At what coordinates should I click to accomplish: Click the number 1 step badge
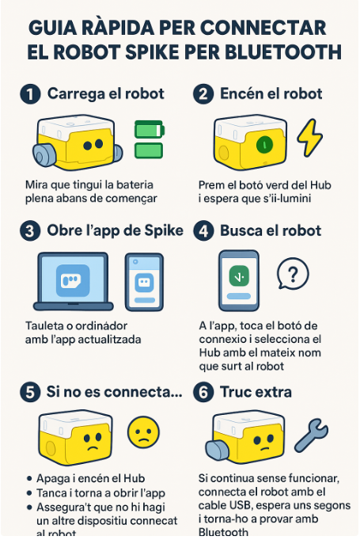(30, 94)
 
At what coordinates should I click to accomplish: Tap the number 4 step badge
(203, 230)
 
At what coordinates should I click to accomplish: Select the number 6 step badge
(203, 392)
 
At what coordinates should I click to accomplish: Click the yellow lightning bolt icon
(309, 138)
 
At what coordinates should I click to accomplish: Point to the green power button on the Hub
(265, 144)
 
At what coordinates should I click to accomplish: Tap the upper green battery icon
(149, 130)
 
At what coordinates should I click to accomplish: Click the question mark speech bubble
(293, 274)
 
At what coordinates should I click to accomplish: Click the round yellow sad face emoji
(143, 432)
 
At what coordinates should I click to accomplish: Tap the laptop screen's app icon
(73, 280)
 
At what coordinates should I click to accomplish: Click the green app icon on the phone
(239, 276)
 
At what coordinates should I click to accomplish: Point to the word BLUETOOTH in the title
(283, 52)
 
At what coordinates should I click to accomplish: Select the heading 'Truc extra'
(256, 392)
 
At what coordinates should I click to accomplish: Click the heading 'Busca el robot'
(271, 230)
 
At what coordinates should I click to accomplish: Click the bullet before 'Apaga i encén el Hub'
(29, 479)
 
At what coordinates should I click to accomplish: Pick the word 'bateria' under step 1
(135, 185)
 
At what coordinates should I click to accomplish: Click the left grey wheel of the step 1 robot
(44, 154)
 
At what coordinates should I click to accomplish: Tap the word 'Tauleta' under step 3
(44, 325)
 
